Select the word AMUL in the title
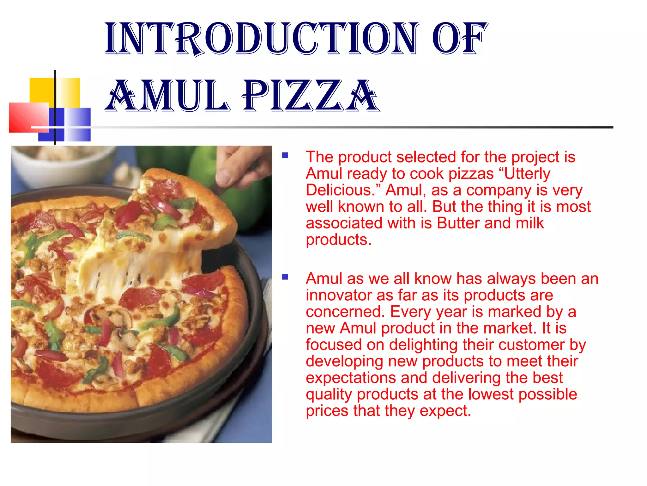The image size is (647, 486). coord(167,96)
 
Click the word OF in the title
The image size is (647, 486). coord(460,39)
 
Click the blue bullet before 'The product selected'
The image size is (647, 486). coord(285,155)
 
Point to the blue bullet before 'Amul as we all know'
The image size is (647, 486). coord(285,277)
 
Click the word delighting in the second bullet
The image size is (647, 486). coord(423,345)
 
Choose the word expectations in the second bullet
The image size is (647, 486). coord(351,378)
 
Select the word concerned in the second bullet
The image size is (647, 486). coord(344,312)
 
